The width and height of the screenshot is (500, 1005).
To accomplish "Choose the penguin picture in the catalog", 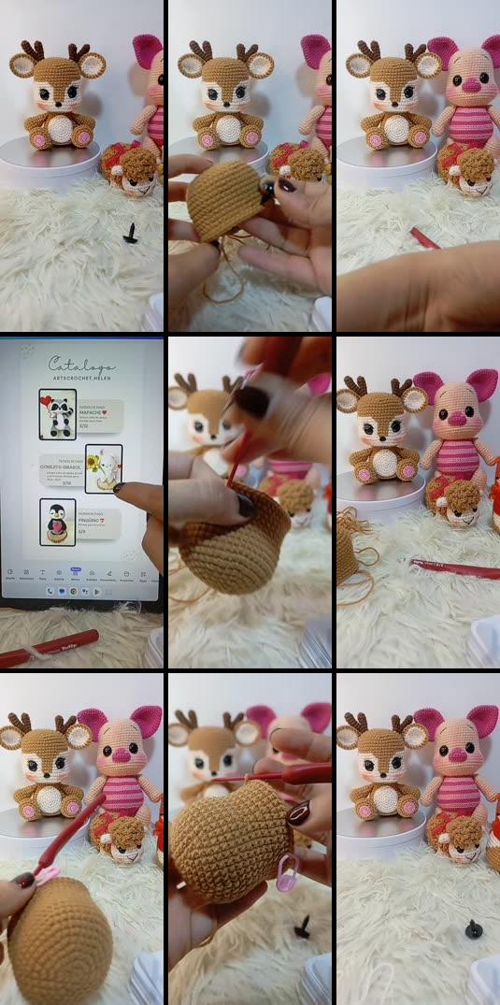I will (58, 522).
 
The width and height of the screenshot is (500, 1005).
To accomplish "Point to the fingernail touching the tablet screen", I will (119, 487).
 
